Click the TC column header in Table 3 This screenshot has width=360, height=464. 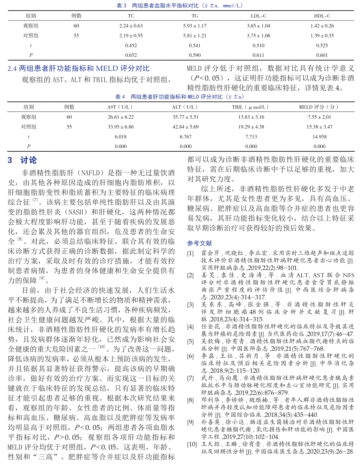click(131, 16)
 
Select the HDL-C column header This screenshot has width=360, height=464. click(322, 16)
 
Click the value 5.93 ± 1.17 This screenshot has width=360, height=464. click(195, 26)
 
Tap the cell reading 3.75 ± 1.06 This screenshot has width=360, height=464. click(258, 36)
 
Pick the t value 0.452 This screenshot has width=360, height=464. click(131, 45)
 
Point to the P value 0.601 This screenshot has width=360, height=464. click(322, 55)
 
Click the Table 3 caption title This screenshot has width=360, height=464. click(180, 5)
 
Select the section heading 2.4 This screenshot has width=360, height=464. click(79, 68)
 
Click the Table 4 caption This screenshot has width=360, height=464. click(179, 97)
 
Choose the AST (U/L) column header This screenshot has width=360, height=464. click(121, 107)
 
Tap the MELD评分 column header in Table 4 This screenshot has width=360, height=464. click(319, 107)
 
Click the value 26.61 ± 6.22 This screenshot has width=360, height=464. click(121, 117)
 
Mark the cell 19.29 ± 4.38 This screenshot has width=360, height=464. click(251, 127)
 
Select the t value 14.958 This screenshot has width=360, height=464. click(319, 137)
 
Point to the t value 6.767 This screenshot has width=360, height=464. click(186, 137)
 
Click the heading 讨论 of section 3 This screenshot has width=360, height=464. click(28, 160)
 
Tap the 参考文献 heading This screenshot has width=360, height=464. click(200, 243)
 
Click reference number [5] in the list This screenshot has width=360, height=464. click(190, 342)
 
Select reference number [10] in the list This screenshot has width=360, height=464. click(192, 444)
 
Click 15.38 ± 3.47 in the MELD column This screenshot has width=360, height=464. click(319, 127)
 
